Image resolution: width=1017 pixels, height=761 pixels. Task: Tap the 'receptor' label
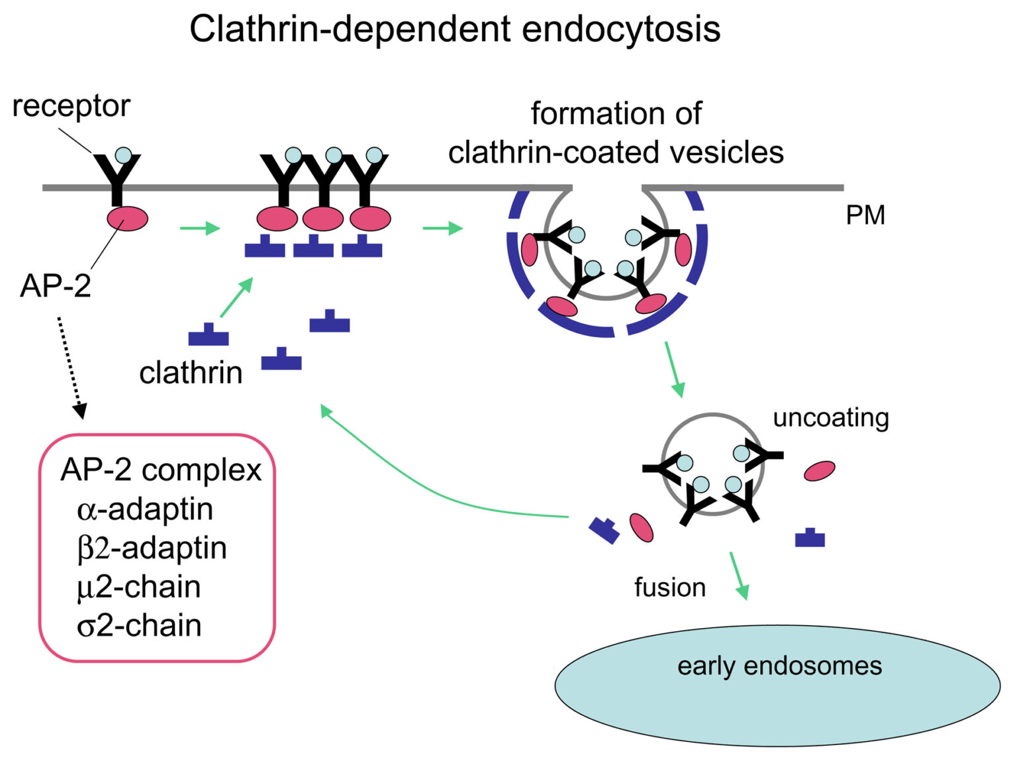point(71,106)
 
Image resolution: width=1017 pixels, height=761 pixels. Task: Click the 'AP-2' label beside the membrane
point(56,285)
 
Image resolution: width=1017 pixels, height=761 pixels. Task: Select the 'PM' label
point(865,215)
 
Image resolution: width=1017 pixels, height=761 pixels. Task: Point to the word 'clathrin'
point(191,373)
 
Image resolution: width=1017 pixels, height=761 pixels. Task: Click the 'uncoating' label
point(830,417)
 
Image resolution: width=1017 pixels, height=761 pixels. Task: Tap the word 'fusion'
point(669,587)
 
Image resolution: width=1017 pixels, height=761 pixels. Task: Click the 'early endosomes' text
point(779,666)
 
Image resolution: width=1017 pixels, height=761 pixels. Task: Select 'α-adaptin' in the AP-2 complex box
point(145,509)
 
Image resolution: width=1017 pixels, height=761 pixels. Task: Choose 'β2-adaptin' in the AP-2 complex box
point(152,548)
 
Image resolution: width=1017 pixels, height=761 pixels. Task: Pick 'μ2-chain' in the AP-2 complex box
point(138,587)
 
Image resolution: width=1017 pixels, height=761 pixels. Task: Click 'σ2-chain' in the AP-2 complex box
point(139,625)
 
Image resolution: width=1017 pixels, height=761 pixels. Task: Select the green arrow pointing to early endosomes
point(739,576)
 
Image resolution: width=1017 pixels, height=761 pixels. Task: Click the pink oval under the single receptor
point(128,218)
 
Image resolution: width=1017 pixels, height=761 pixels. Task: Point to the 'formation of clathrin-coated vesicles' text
point(616,133)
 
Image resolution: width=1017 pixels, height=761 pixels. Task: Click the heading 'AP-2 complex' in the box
point(161,470)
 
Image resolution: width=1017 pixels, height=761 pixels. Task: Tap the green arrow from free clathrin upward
point(236,297)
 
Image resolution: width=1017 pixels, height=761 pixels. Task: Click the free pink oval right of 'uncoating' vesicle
point(819,471)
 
